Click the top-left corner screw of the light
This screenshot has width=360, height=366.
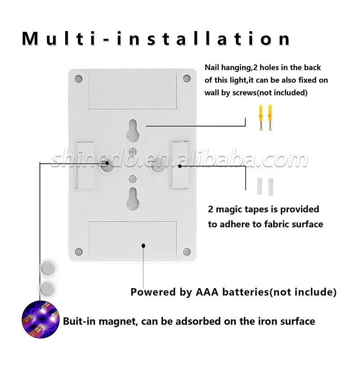pos(79,79)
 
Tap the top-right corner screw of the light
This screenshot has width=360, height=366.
pos(187,78)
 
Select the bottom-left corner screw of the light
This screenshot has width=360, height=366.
pos(79,252)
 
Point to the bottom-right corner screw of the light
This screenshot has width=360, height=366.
pos(187,251)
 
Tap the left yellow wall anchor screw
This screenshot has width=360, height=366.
pos(261,117)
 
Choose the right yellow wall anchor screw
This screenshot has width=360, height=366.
pos(270,117)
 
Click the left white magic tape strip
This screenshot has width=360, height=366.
pos(260,186)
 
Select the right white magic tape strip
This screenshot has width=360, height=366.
pos(270,187)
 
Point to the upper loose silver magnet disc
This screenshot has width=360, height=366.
pos(48,268)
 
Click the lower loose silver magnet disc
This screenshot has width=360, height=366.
pos(47,289)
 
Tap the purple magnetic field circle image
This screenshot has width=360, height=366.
pos(40,320)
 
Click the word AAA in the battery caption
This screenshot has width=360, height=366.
pos(207,292)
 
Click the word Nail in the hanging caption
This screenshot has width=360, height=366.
pos(212,68)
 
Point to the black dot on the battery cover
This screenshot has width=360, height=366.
pos(144,245)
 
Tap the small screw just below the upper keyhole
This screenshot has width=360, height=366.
pos(133,152)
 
